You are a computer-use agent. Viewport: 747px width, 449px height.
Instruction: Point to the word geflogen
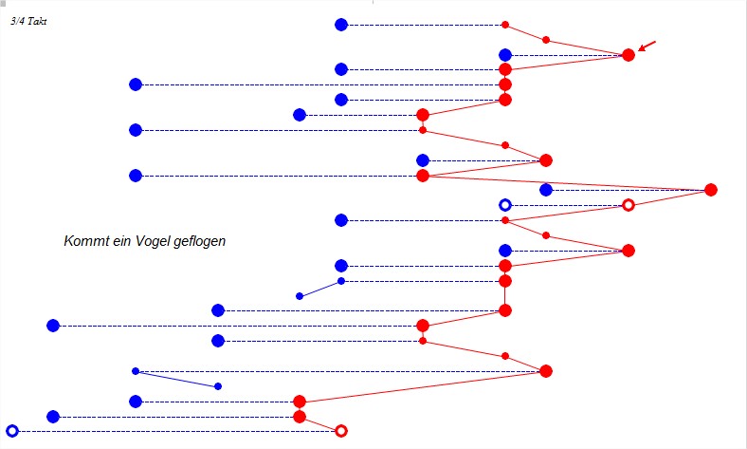[x=200, y=242]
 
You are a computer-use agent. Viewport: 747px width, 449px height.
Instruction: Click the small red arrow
[x=647, y=46]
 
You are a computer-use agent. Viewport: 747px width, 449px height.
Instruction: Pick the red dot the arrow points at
[x=628, y=55]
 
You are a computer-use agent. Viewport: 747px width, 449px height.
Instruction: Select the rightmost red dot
[x=711, y=190]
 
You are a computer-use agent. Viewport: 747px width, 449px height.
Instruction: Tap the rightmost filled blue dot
[x=546, y=190]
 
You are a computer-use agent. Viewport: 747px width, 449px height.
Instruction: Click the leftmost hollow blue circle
[x=12, y=431]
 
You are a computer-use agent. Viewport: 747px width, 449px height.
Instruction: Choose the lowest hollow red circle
[x=341, y=431]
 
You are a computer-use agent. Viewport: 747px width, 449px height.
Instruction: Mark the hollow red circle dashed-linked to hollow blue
[x=628, y=205]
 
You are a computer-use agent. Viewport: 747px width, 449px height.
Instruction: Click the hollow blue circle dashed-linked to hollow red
[x=505, y=205]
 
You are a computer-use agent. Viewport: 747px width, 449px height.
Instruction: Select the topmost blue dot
[x=341, y=25]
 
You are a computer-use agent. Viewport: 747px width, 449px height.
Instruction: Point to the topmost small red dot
[x=505, y=25]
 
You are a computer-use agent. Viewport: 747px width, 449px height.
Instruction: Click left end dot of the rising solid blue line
[x=300, y=296]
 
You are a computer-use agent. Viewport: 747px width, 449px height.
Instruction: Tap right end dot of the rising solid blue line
[x=341, y=281]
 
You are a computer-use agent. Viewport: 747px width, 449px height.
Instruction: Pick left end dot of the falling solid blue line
[x=136, y=371]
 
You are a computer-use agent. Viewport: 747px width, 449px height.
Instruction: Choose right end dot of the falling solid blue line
[x=218, y=386]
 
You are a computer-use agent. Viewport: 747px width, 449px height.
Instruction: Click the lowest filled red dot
[x=300, y=416]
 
